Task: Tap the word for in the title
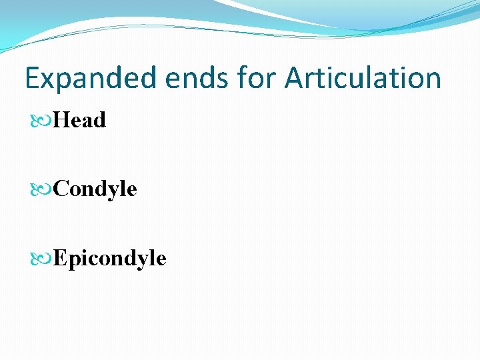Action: [x=258, y=78]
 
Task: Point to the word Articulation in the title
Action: [x=363, y=78]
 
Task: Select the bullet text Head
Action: [x=79, y=121]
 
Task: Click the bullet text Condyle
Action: [x=95, y=189]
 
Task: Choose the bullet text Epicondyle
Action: [x=109, y=258]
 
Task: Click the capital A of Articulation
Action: [x=295, y=78]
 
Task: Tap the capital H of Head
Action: [x=61, y=121]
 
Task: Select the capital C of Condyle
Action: [x=61, y=189]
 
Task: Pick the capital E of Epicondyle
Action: [x=59, y=258]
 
